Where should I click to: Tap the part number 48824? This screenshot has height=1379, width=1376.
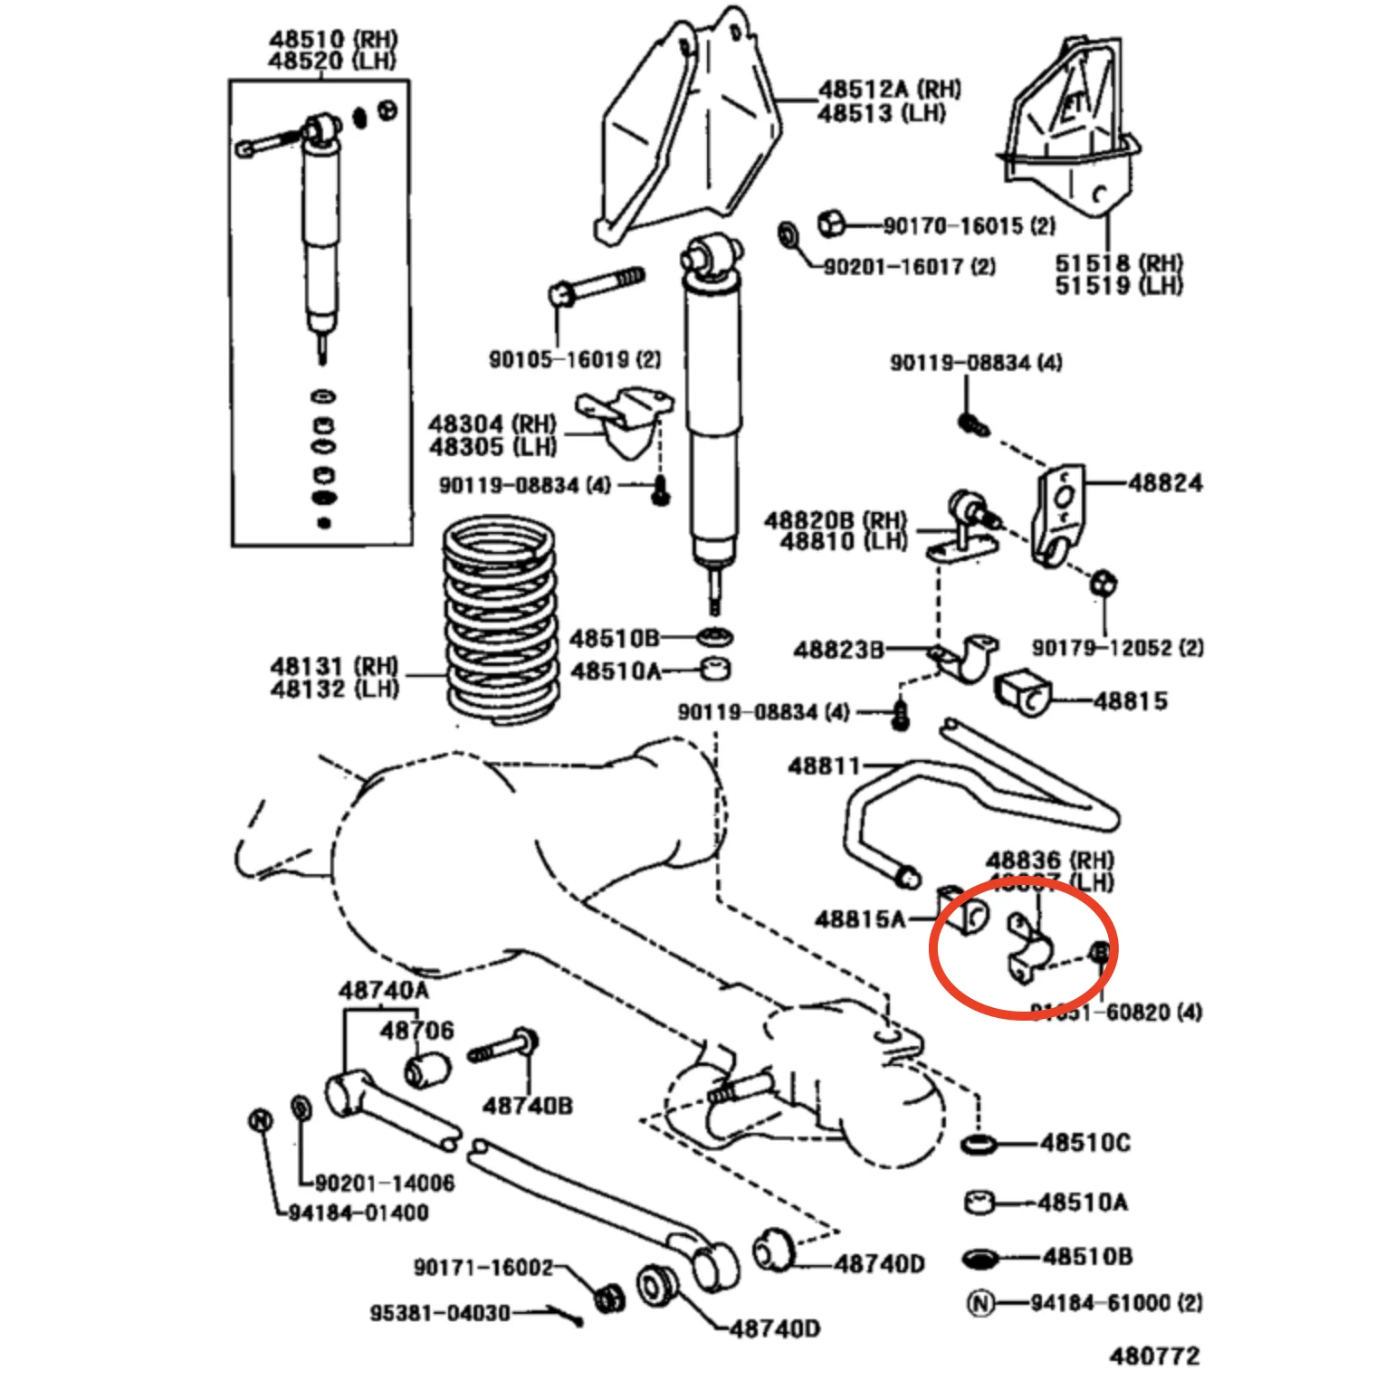tap(1165, 483)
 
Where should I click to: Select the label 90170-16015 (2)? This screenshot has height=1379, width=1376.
tap(969, 225)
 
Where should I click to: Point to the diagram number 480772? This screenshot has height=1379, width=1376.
tap(1154, 1355)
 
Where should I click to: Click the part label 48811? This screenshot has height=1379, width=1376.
tap(824, 766)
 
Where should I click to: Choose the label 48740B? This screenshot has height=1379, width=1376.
tap(527, 1105)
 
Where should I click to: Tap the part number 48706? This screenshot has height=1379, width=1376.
tap(416, 1030)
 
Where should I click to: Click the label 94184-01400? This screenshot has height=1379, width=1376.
tap(358, 1213)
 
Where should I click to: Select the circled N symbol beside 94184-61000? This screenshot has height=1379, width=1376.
tap(981, 1303)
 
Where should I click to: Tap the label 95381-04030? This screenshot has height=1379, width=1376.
tap(439, 1312)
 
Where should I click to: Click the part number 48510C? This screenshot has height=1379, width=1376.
tap(1085, 1143)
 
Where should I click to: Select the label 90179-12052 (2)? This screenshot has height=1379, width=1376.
tap(1118, 648)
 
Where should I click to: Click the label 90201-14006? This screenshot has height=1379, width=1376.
tap(384, 1183)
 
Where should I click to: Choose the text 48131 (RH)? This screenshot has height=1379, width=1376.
tap(334, 667)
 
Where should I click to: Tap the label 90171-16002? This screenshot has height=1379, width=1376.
tap(483, 1267)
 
